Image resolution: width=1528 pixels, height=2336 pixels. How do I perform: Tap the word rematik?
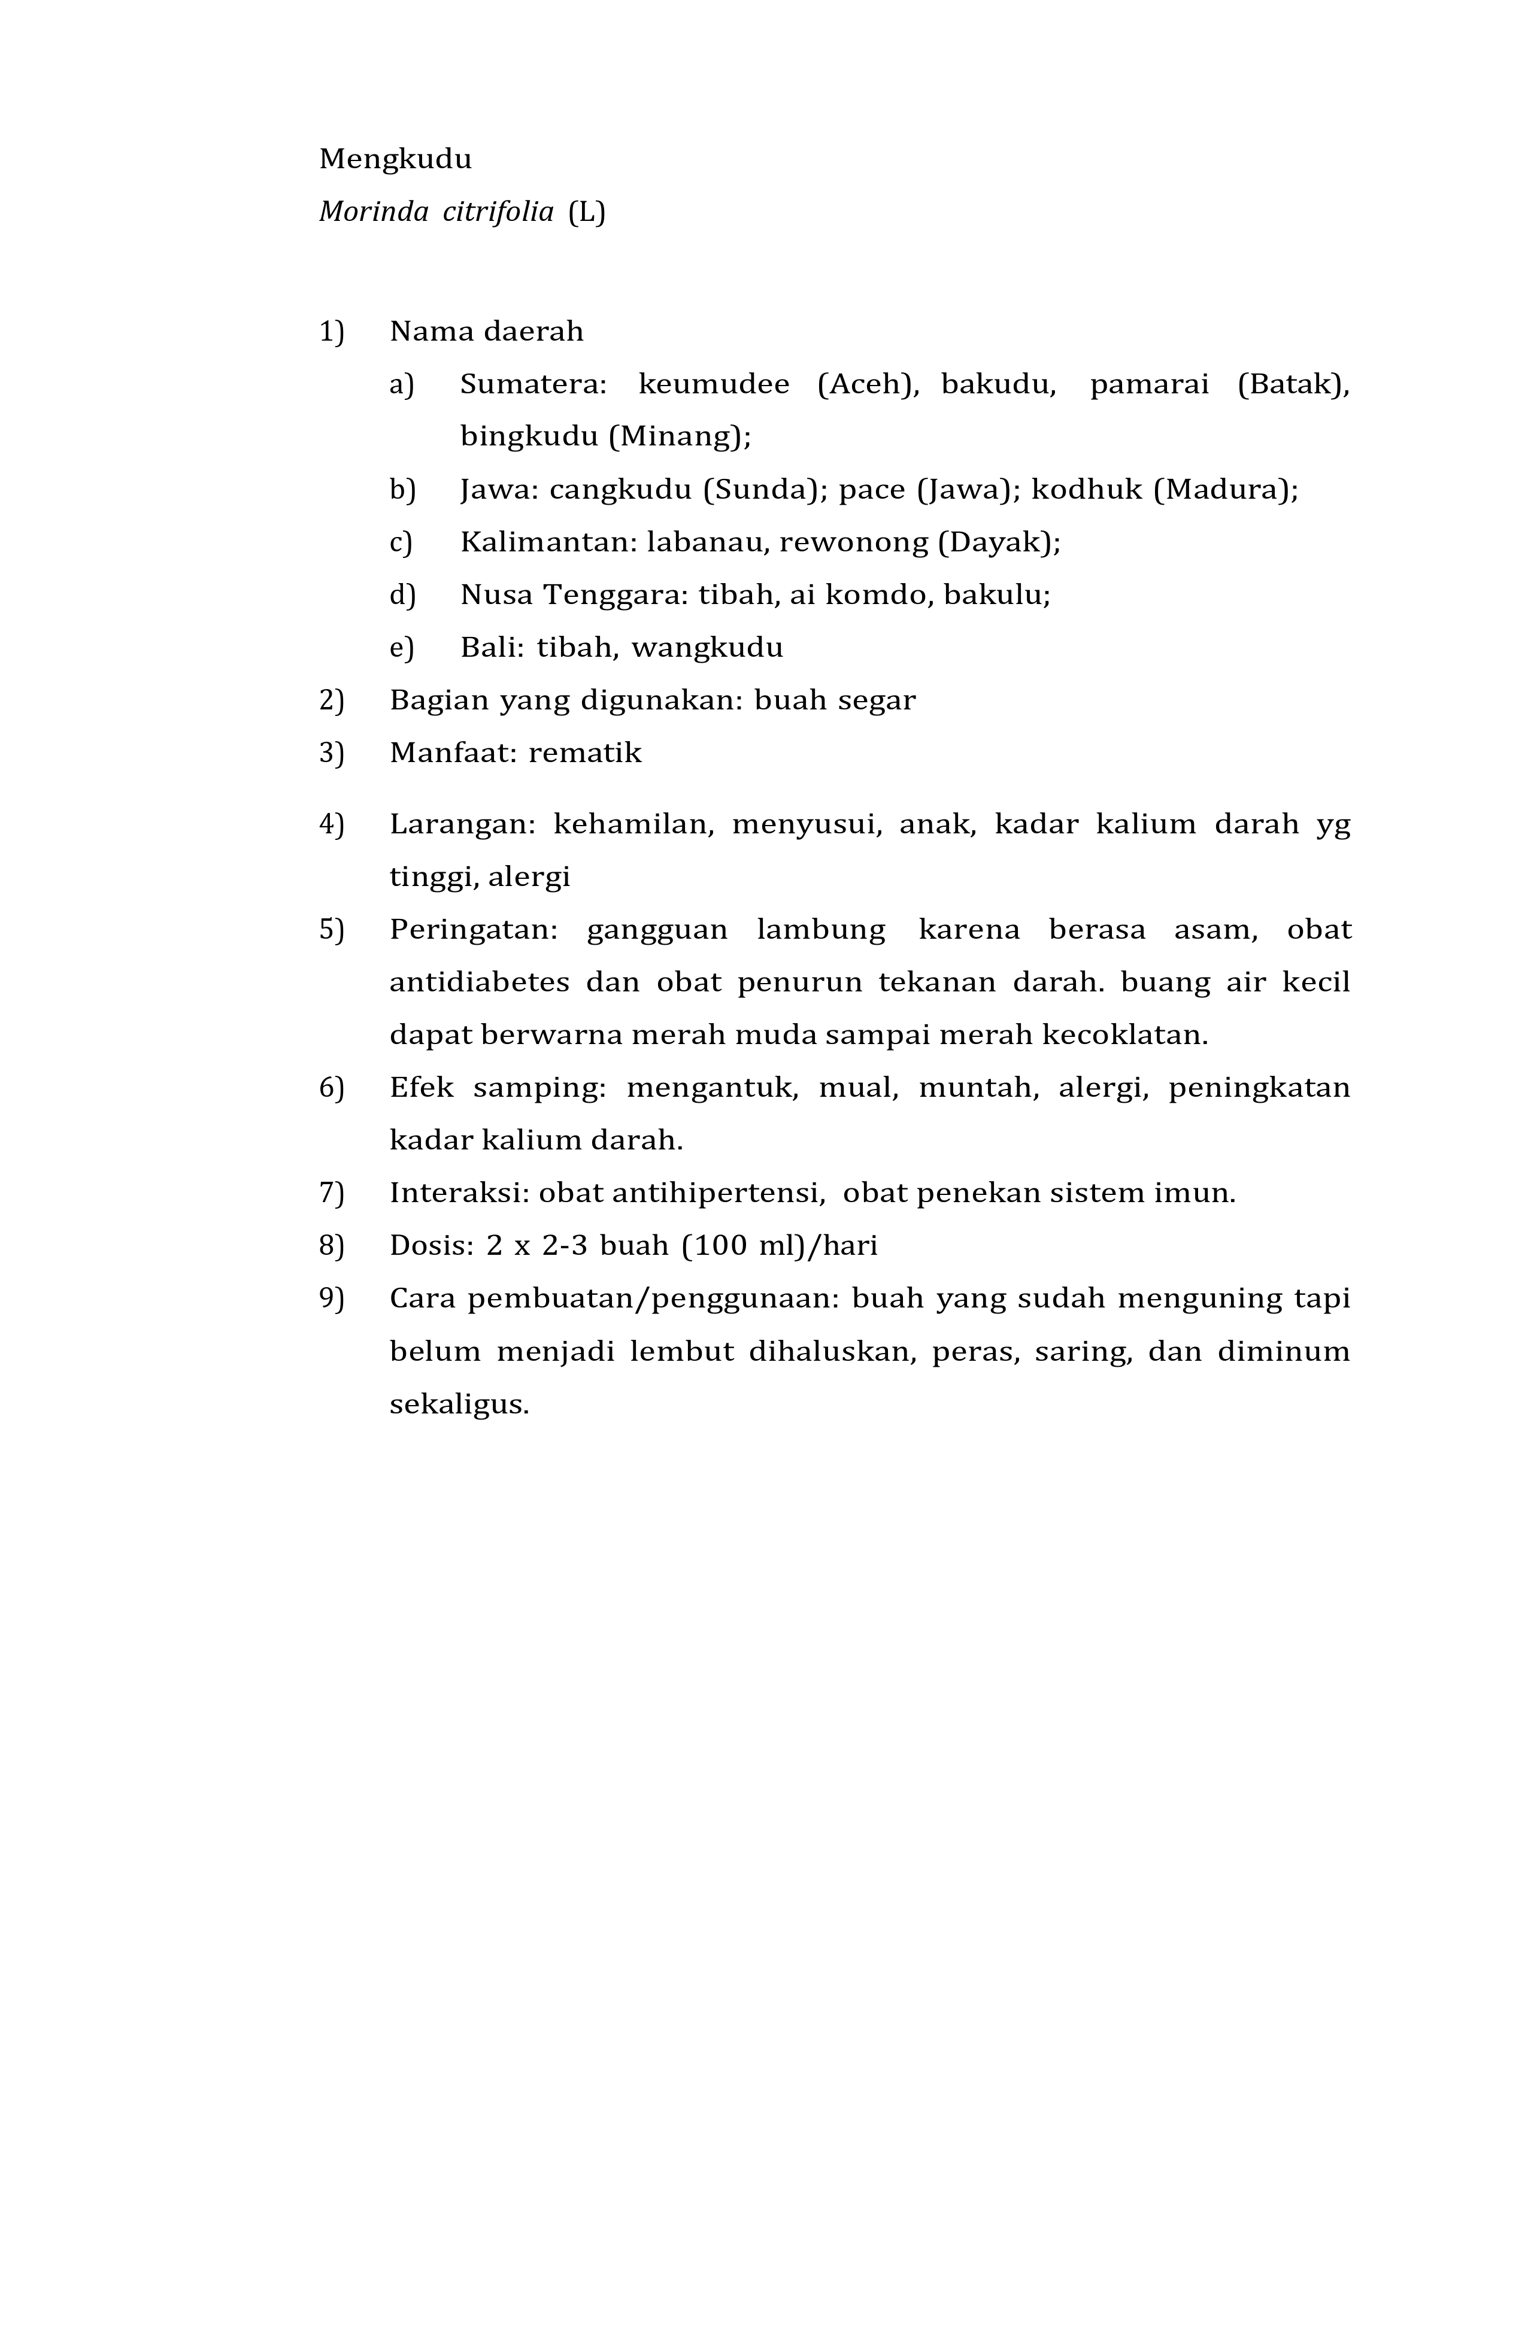[585, 753]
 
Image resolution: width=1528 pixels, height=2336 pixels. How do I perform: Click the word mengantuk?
[713, 1088]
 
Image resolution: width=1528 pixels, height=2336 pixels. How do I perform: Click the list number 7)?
[332, 1194]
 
